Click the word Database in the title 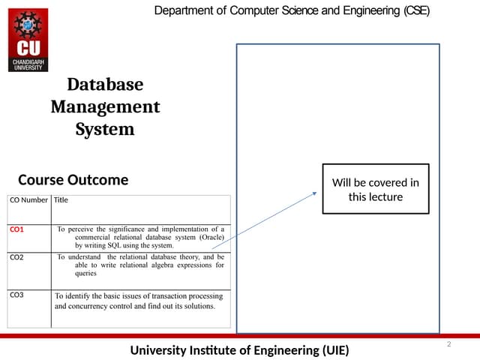(105, 84)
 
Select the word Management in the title (105, 106)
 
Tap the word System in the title (105, 129)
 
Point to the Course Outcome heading (73, 180)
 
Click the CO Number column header (28, 200)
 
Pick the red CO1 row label (16, 229)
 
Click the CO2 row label (16, 257)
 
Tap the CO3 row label (16, 295)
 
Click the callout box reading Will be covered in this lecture (376, 189)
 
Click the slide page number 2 (448, 343)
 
